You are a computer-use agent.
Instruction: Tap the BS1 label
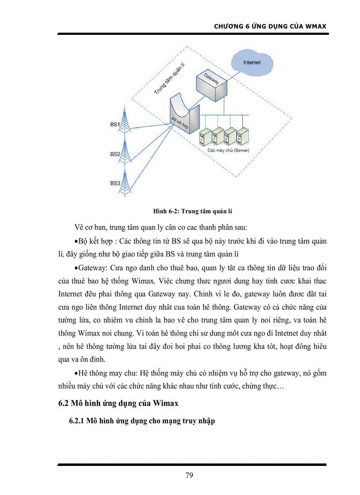(x=115, y=125)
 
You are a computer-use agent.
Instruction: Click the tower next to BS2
(x=126, y=152)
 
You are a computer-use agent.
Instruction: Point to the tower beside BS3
(x=126, y=181)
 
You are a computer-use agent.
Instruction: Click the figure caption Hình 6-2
(x=195, y=212)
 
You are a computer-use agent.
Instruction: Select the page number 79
(x=189, y=475)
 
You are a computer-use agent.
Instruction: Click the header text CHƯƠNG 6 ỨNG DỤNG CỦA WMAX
(x=270, y=26)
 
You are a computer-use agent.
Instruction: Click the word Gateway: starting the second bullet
(x=91, y=268)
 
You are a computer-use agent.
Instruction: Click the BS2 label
(x=115, y=154)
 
